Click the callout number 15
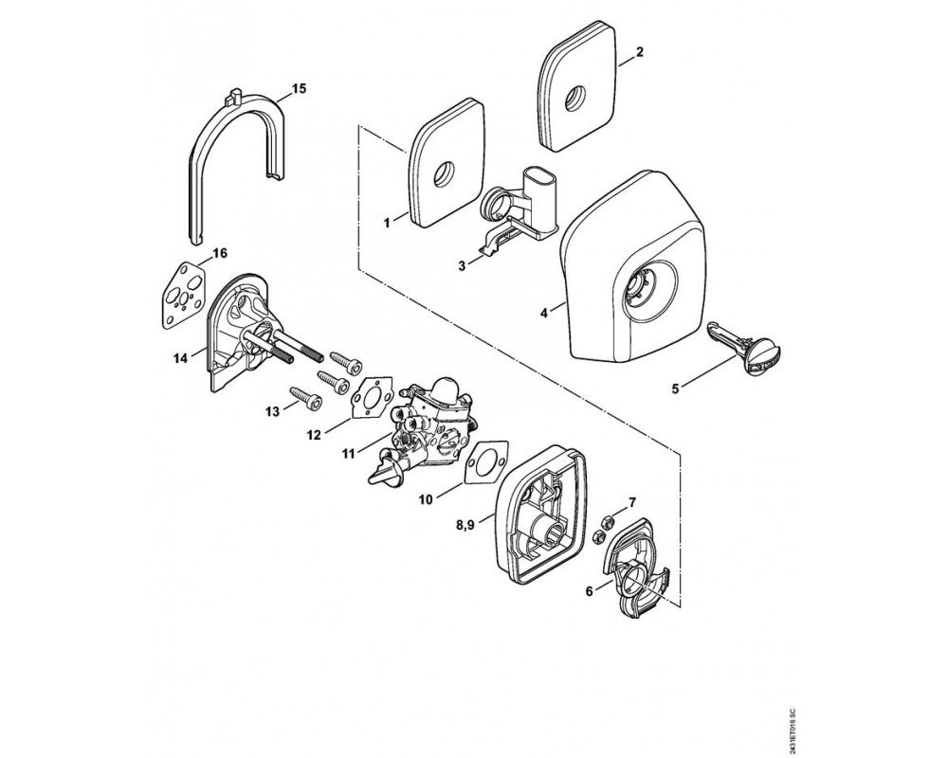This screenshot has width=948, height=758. pyautogui.click(x=299, y=89)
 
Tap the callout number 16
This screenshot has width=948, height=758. pyautogui.click(x=220, y=253)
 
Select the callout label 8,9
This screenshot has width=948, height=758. pyautogui.click(x=465, y=526)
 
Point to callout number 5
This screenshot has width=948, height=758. pyautogui.click(x=675, y=388)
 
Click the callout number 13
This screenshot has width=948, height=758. pyautogui.click(x=273, y=411)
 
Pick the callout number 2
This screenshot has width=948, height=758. pyautogui.click(x=640, y=51)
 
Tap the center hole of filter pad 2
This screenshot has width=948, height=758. pyautogui.click(x=575, y=98)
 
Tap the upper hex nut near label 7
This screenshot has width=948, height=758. pyautogui.click(x=609, y=519)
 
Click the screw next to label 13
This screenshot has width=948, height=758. pyautogui.click(x=306, y=397)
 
